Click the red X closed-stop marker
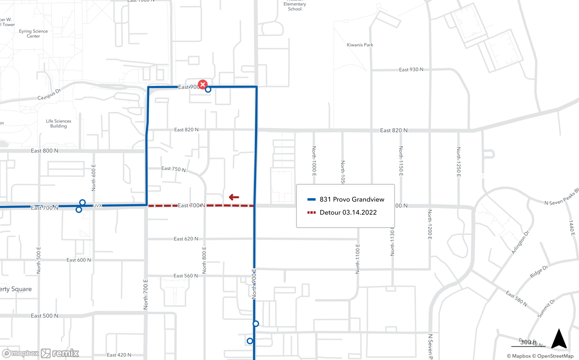tap(203, 85)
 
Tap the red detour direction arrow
tap(234, 197)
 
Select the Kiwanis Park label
tap(360, 45)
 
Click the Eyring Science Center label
tap(33, 34)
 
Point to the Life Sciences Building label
tap(58, 123)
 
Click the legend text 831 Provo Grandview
tap(352, 199)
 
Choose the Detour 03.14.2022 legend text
tap(348, 212)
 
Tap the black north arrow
tap(559, 339)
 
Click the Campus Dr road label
tap(49, 94)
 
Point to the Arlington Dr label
tap(520, 242)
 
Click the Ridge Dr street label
tap(539, 271)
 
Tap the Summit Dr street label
tap(546, 308)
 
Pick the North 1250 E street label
tap(459, 162)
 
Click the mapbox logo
tap(21, 353)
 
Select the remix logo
tap(60, 353)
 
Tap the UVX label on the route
tap(98, 206)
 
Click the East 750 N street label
tap(173, 169)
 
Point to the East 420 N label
tap(119, 355)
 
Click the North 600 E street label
tap(94, 178)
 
